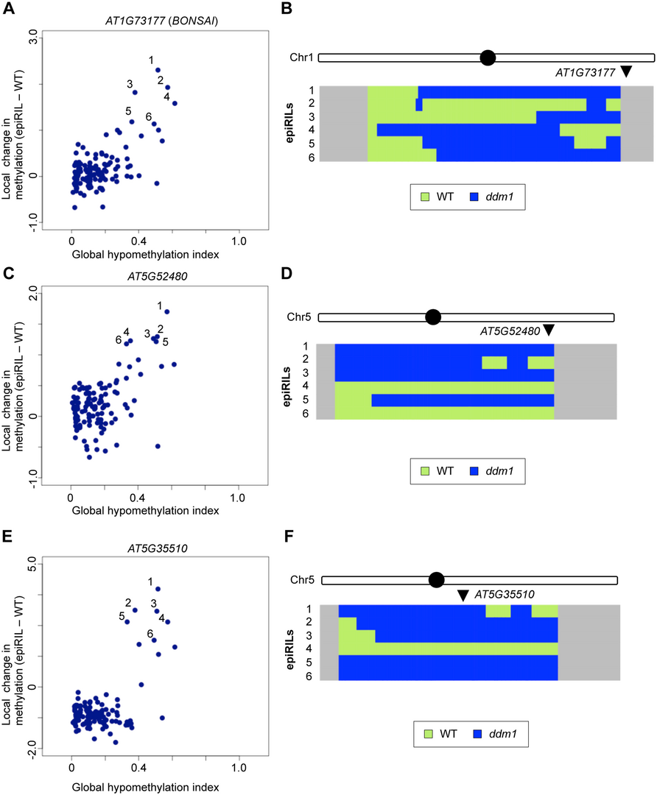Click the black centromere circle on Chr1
click(x=487, y=57)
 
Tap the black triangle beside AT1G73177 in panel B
click(x=626, y=71)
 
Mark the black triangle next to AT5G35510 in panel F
click(x=462, y=595)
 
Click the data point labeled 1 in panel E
click(x=157, y=589)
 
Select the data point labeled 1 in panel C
click(x=166, y=311)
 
